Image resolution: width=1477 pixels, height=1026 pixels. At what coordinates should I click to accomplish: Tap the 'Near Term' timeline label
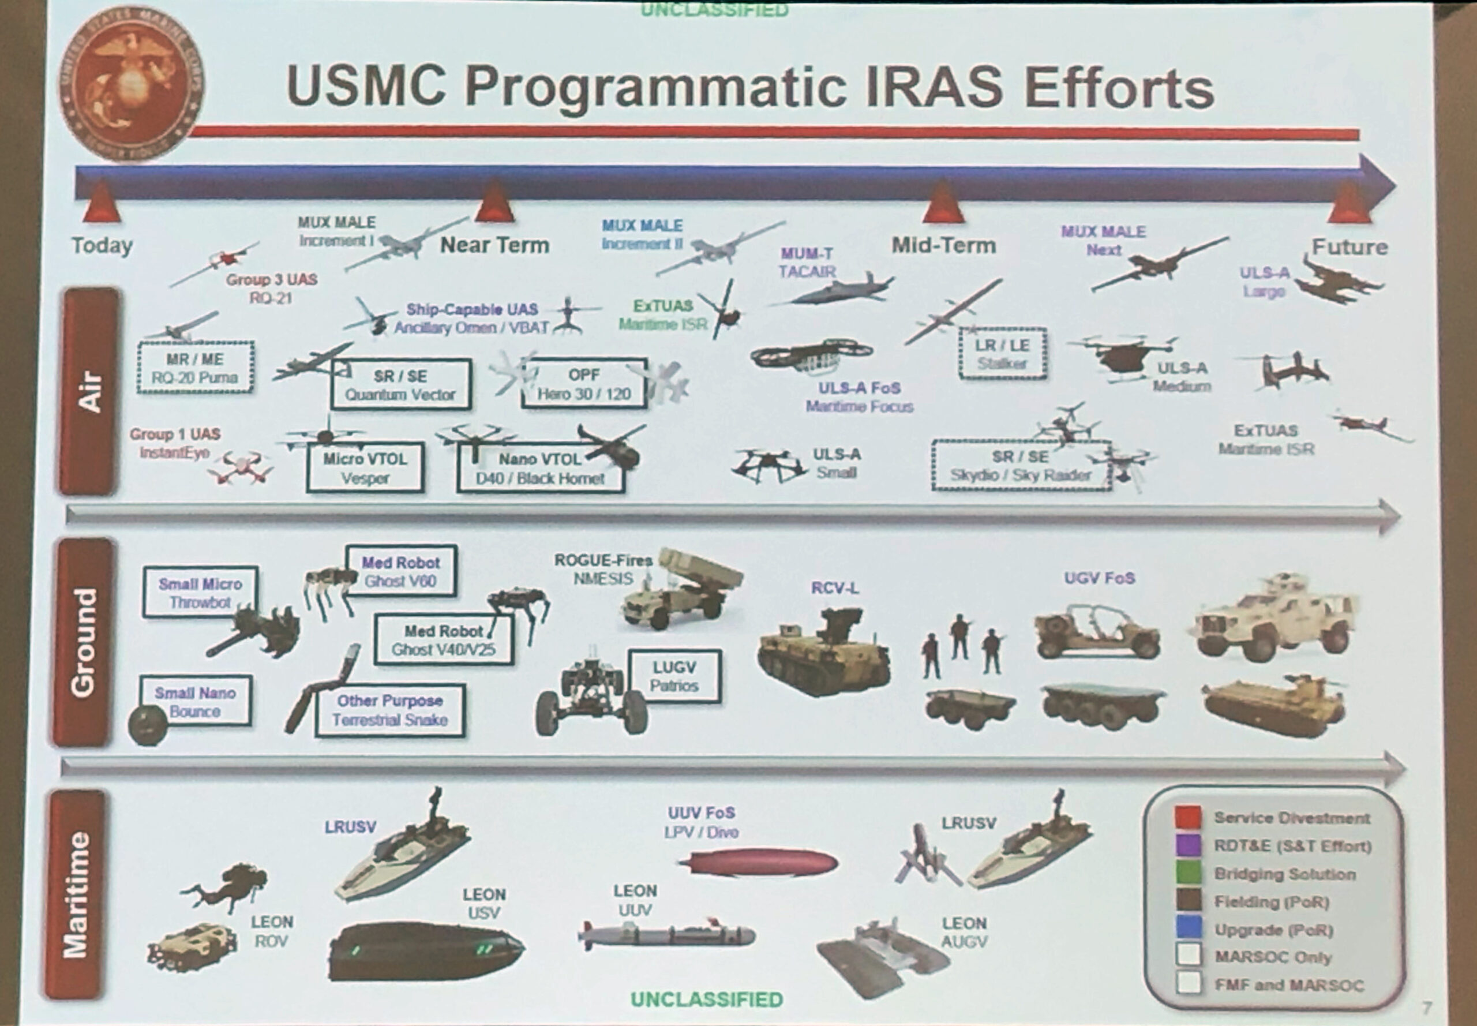(494, 245)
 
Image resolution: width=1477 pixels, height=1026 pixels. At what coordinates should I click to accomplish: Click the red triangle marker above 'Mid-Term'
(942, 203)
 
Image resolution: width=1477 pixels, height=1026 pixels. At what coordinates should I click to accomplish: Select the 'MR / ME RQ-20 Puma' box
(196, 368)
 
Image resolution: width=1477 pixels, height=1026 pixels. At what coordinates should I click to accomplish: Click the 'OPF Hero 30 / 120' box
(584, 384)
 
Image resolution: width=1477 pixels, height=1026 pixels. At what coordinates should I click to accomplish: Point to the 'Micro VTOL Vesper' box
(365, 467)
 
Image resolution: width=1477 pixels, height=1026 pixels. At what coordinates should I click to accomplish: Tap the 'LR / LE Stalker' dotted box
(1002, 354)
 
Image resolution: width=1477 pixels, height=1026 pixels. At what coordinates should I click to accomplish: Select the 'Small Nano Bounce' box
(196, 701)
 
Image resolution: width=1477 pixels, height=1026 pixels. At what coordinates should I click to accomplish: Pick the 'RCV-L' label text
(834, 587)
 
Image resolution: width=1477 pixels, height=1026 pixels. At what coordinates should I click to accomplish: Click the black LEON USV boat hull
(424, 952)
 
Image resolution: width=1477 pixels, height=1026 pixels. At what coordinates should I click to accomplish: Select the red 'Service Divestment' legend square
(1188, 817)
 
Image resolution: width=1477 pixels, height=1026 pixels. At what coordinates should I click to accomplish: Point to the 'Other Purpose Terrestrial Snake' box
(390, 710)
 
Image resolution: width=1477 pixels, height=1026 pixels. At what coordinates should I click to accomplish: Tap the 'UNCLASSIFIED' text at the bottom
(706, 999)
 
